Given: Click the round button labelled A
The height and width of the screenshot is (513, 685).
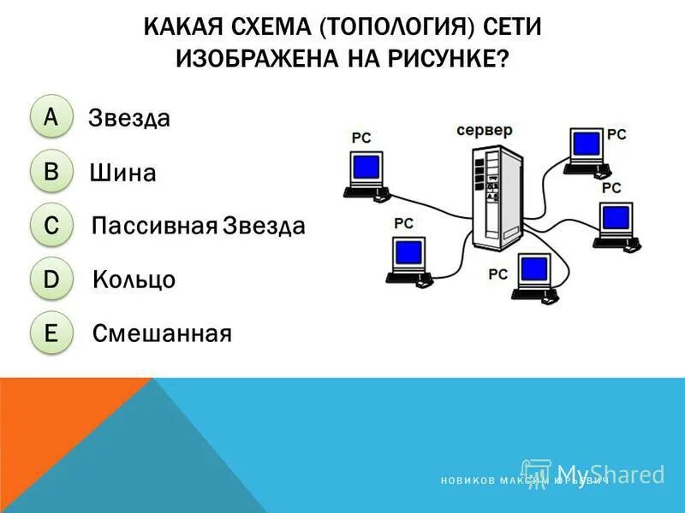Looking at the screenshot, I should click(x=51, y=118).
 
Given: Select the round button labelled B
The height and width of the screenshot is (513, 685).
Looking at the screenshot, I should click(x=51, y=172).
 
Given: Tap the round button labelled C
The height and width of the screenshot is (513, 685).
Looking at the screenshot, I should click(x=51, y=226).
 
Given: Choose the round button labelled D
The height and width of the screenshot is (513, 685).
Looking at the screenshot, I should click(x=51, y=279).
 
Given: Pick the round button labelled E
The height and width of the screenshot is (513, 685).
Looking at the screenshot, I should click(x=51, y=333).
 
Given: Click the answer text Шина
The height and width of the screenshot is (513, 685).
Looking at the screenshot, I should click(x=122, y=174).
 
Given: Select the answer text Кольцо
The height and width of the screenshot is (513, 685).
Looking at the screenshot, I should click(x=134, y=280).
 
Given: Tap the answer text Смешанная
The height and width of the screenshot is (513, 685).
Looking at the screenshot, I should click(x=162, y=333).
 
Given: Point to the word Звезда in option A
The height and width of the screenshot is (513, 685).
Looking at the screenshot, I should click(x=129, y=119).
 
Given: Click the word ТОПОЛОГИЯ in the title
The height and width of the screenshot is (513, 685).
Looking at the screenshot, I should click(x=396, y=27).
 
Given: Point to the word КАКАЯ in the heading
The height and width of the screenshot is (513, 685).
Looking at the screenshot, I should click(x=185, y=27).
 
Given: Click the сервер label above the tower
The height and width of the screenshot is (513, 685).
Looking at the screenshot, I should click(x=484, y=131).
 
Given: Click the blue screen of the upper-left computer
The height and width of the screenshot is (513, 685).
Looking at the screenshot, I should click(x=366, y=166).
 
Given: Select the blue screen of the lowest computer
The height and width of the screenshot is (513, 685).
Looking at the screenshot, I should click(x=535, y=270).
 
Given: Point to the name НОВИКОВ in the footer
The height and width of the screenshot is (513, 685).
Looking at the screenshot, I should click(x=467, y=482).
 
